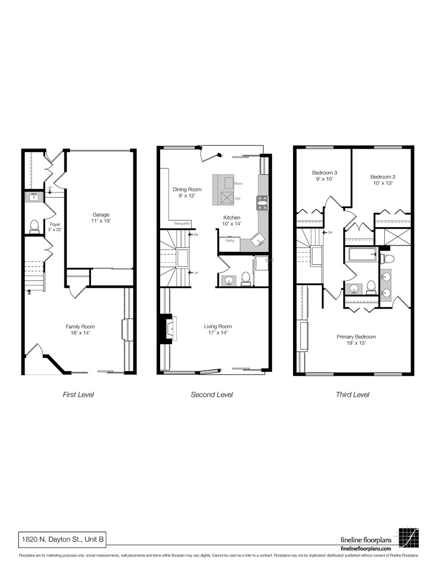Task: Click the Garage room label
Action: point(101,214)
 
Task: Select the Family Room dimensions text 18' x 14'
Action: point(80,333)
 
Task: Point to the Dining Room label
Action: point(187,189)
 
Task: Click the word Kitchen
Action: point(232,217)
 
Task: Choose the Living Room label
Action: point(218,326)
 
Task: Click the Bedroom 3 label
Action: point(324,173)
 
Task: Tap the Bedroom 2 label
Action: point(382,176)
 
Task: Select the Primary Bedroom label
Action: point(356,337)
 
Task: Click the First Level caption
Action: point(78,394)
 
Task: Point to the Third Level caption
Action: point(352,394)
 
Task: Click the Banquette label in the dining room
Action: point(182,223)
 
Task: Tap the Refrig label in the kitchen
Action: point(230,241)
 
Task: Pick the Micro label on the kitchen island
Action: point(238,184)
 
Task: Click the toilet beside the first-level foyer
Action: point(35,225)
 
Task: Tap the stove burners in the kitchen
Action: point(262,202)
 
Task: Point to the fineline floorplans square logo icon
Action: point(409,537)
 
